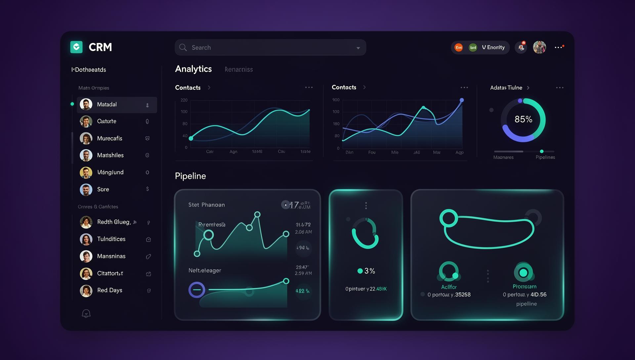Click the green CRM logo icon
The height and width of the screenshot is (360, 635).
tap(76, 47)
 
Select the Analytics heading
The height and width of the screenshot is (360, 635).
tap(193, 69)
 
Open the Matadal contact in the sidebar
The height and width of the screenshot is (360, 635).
tap(107, 105)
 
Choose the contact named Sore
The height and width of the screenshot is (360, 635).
tap(103, 189)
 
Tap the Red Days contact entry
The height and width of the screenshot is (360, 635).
tap(109, 290)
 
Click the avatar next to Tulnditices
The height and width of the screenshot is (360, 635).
tap(86, 239)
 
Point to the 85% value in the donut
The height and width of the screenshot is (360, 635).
tap(523, 119)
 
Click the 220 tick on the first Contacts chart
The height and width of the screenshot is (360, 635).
tap(184, 100)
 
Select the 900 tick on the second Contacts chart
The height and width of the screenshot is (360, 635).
tap(336, 100)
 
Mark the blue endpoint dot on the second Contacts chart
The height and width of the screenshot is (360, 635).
tap(462, 100)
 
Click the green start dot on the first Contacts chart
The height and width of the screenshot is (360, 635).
tap(191, 138)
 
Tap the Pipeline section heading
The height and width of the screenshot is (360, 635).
tap(190, 176)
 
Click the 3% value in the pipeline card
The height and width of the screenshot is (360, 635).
tap(369, 271)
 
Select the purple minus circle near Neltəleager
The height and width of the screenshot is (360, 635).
tap(196, 290)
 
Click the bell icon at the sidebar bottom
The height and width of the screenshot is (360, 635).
tap(86, 313)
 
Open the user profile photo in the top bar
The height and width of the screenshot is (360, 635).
tap(539, 47)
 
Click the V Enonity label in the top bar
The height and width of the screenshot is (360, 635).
tap(493, 47)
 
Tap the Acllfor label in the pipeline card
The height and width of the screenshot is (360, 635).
tap(449, 287)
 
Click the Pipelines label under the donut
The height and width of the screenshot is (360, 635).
tap(545, 157)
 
